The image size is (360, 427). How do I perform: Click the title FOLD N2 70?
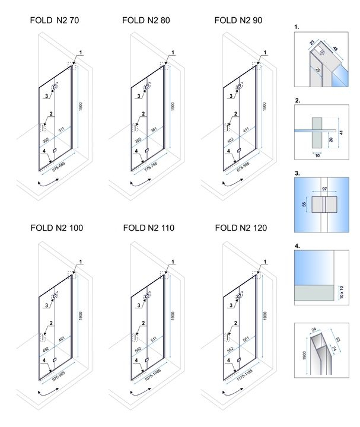click(x=54, y=20)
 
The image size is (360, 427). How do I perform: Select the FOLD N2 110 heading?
click(x=148, y=227)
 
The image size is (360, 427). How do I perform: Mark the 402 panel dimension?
click(x=228, y=140)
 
